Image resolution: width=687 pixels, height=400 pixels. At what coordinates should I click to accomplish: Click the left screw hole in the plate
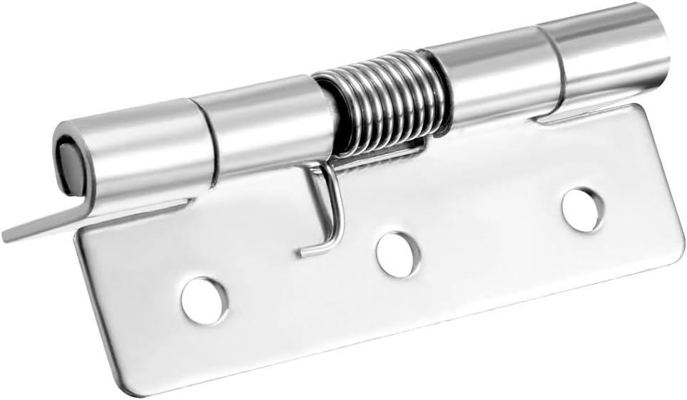click(x=204, y=300)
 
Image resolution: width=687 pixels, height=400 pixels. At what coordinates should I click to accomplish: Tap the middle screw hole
click(x=398, y=254)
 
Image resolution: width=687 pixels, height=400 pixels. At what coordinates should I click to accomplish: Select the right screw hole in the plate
click(x=582, y=209)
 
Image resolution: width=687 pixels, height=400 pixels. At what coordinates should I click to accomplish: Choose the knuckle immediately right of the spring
click(x=491, y=78)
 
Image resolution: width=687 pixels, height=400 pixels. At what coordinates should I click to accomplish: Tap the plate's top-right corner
click(x=641, y=108)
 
